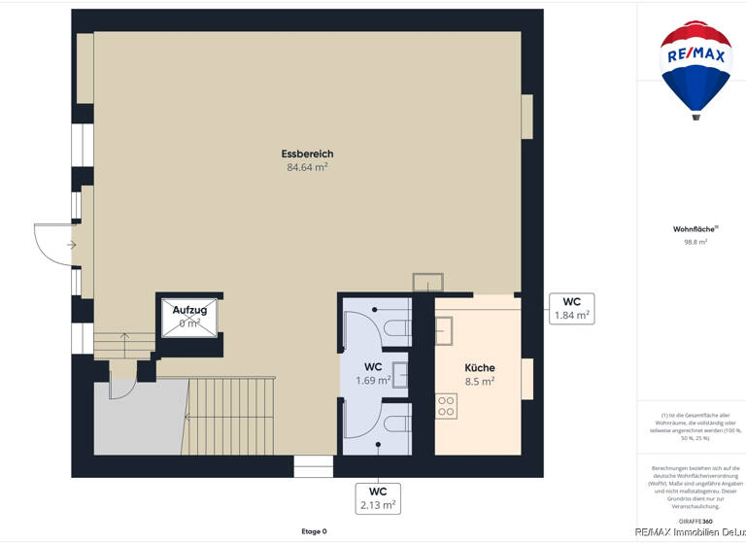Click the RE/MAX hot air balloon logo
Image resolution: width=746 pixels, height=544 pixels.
point(695,69)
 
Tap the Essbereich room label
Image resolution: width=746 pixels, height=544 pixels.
point(307,153)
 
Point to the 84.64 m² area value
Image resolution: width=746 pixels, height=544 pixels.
point(307,167)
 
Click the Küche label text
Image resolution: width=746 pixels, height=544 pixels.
point(479,368)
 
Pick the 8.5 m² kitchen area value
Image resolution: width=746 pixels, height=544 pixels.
point(479,382)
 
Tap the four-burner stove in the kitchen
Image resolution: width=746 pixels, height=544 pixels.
point(446,406)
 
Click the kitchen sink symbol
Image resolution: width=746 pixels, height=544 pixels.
point(444,331)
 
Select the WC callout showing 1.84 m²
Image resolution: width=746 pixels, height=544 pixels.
point(571,308)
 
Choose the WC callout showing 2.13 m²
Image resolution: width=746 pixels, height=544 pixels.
point(378,497)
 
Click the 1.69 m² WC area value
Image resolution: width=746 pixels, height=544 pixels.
point(373,381)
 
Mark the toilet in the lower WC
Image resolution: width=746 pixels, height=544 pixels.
point(396,424)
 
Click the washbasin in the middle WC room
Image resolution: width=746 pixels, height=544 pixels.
point(399,375)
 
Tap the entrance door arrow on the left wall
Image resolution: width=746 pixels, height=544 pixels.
point(70,245)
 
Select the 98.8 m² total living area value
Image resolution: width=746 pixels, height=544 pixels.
point(695,242)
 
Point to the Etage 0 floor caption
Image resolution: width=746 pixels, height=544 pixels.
point(313,531)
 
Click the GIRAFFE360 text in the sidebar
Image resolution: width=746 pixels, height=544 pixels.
point(695,522)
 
